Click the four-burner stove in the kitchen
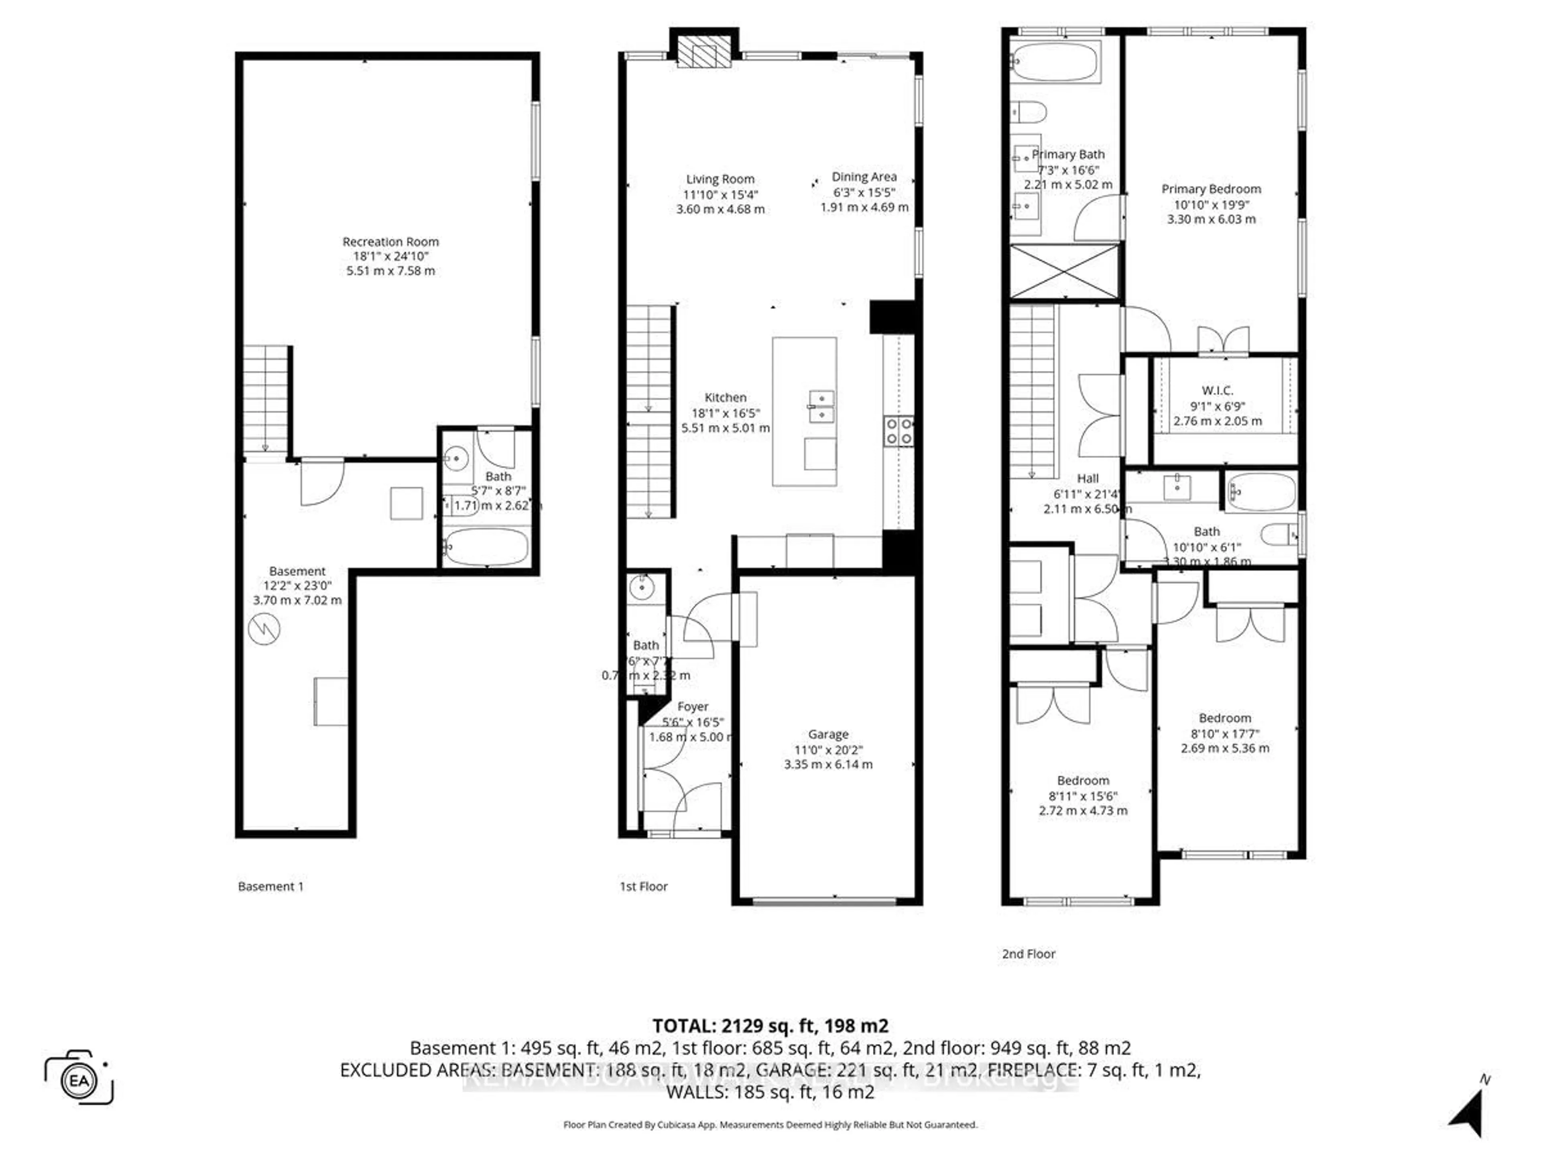[899, 431]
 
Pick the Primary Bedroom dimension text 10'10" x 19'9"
[1211, 204]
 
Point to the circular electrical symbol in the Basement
[264, 630]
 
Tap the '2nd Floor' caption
[1028, 954]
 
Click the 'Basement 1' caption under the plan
[270, 886]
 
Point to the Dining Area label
[864, 177]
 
